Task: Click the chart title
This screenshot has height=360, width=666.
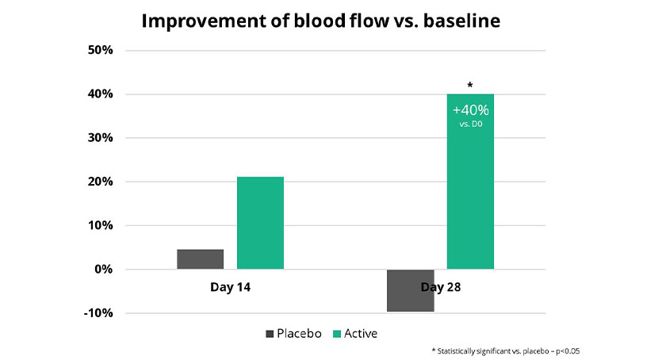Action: (x=320, y=21)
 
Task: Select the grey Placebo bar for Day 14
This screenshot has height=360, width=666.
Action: (x=200, y=259)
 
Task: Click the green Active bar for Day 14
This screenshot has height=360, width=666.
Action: (x=260, y=223)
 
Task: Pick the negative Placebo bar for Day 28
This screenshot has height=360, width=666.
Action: (x=411, y=291)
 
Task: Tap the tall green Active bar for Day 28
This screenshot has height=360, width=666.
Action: (x=470, y=182)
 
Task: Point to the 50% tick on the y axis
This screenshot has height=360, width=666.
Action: (x=100, y=50)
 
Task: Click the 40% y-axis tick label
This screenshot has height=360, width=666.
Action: (x=100, y=94)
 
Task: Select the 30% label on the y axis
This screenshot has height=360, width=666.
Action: (x=100, y=138)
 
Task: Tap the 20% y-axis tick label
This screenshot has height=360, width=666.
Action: (x=100, y=182)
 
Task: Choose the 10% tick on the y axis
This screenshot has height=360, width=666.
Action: (x=100, y=225)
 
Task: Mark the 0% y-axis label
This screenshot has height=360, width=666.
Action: (x=103, y=269)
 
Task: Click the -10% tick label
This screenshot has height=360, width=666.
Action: (x=98, y=313)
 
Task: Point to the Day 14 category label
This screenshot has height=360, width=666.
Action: (x=230, y=287)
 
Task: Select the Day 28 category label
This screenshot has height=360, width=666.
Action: (x=441, y=287)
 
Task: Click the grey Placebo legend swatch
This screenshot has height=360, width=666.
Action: (x=270, y=334)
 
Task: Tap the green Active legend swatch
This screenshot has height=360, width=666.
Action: (x=337, y=334)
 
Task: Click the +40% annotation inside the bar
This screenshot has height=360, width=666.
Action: (x=471, y=110)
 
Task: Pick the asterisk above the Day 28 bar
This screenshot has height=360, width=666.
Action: (x=469, y=86)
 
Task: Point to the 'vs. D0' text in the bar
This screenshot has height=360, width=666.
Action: (x=471, y=124)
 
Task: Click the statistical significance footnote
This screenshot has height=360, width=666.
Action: (x=506, y=351)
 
